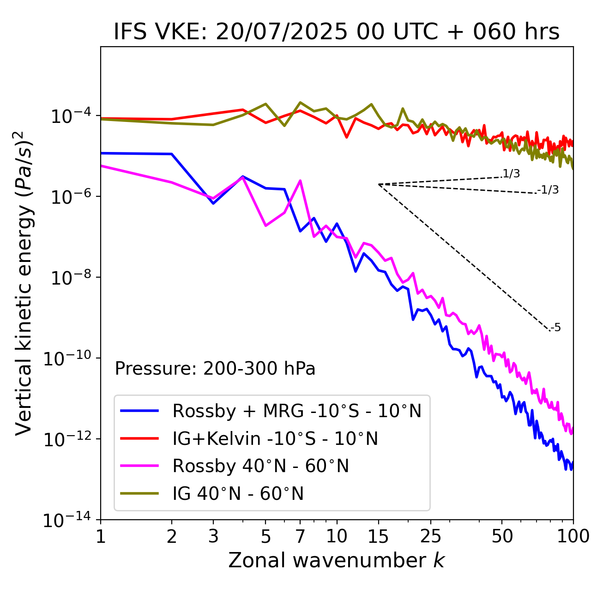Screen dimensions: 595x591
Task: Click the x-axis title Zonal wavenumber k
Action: pyautogui.click(x=336, y=560)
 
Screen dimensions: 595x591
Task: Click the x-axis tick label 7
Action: pyautogui.click(x=300, y=536)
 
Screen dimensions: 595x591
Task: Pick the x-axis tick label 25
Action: pyautogui.click(x=430, y=536)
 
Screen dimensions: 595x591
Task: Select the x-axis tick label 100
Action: pyautogui.click(x=573, y=536)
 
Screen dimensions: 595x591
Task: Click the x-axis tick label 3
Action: pyautogui.click(x=213, y=536)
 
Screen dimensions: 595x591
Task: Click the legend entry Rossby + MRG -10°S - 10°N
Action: pyautogui.click(x=297, y=411)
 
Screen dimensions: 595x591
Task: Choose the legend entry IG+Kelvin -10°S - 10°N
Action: pyautogui.click(x=275, y=438)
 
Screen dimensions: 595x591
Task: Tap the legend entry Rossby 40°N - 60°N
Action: pyautogui.click(x=260, y=466)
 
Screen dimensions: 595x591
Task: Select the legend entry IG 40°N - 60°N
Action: pyautogui.click(x=238, y=494)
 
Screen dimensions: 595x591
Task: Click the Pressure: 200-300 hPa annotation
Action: pyautogui.click(x=215, y=369)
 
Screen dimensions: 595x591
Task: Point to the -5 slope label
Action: pyautogui.click(x=555, y=328)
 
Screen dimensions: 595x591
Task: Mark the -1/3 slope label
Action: pyautogui.click(x=549, y=190)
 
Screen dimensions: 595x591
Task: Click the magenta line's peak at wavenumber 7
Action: pyautogui.click(x=300, y=181)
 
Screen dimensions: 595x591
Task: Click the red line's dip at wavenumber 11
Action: pyautogui.click(x=347, y=137)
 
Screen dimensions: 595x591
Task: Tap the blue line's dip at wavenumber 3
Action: pyautogui.click(x=213, y=203)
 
